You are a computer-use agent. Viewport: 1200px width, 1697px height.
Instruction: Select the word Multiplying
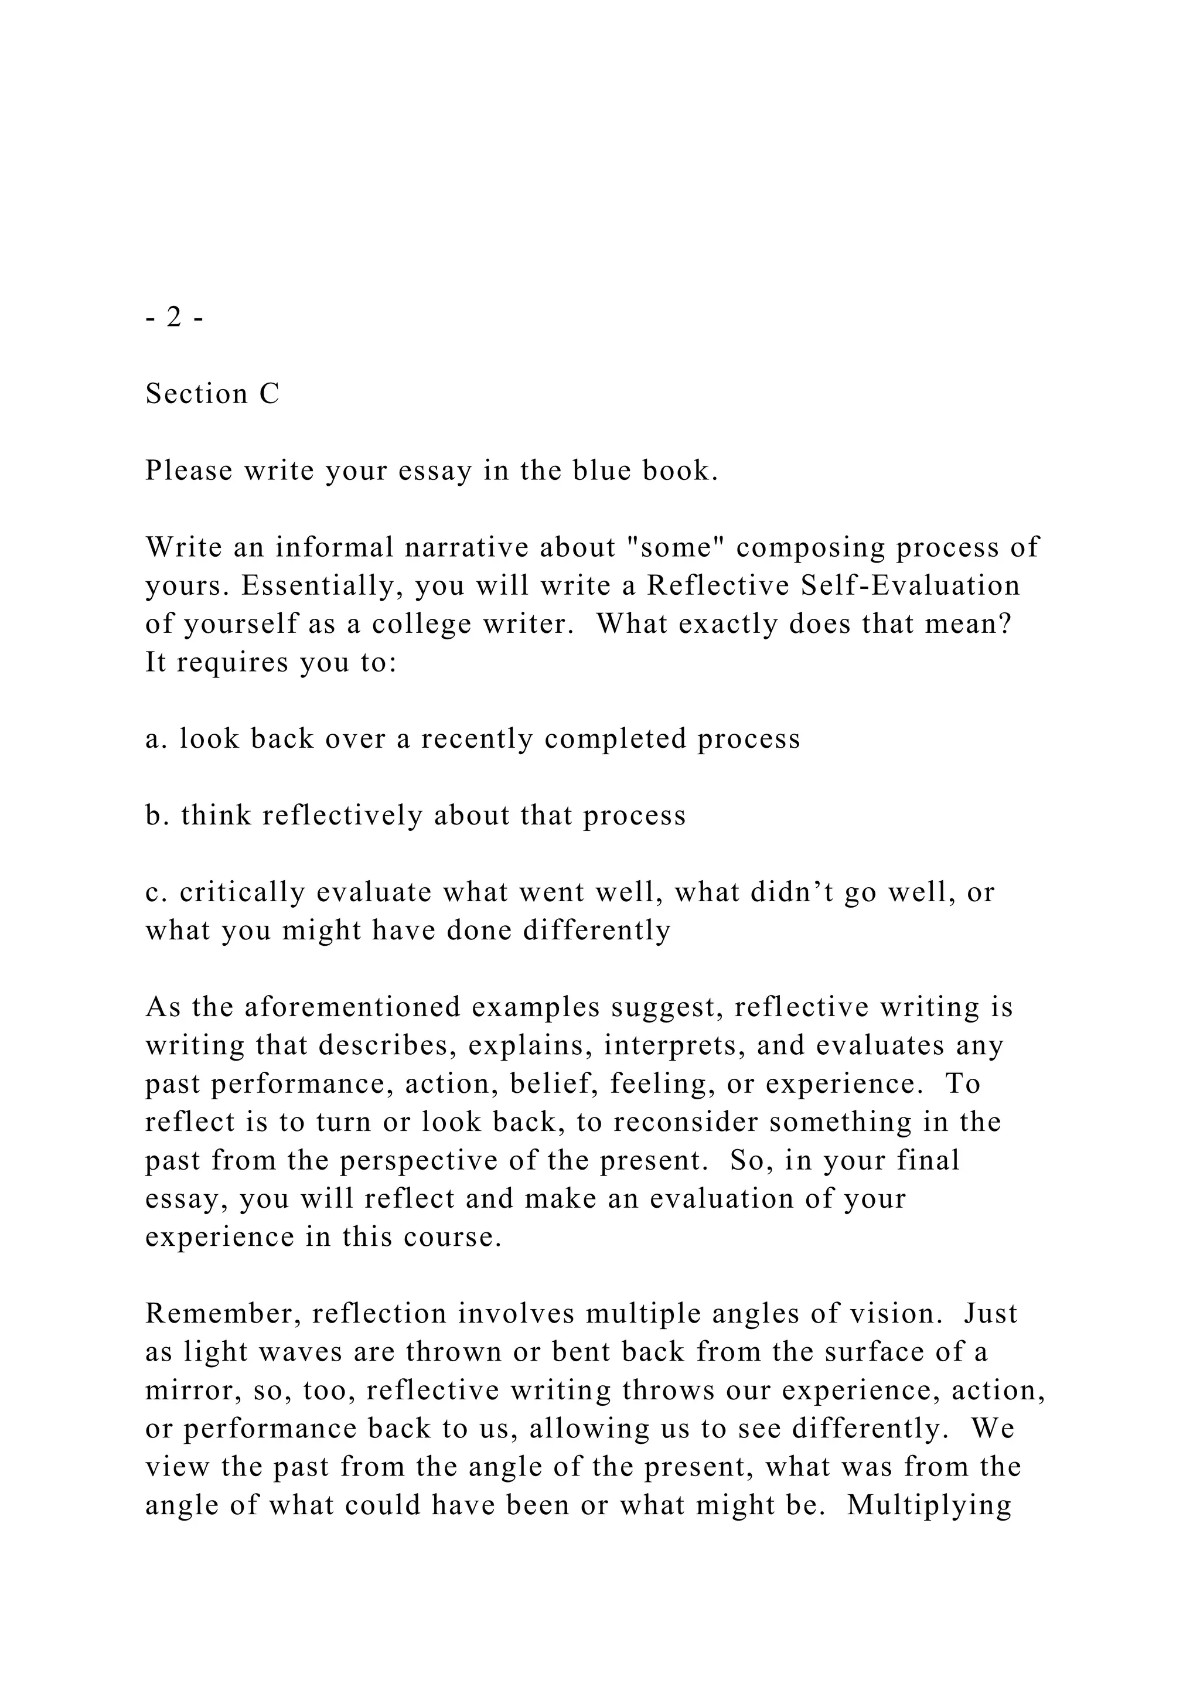point(929,1505)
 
